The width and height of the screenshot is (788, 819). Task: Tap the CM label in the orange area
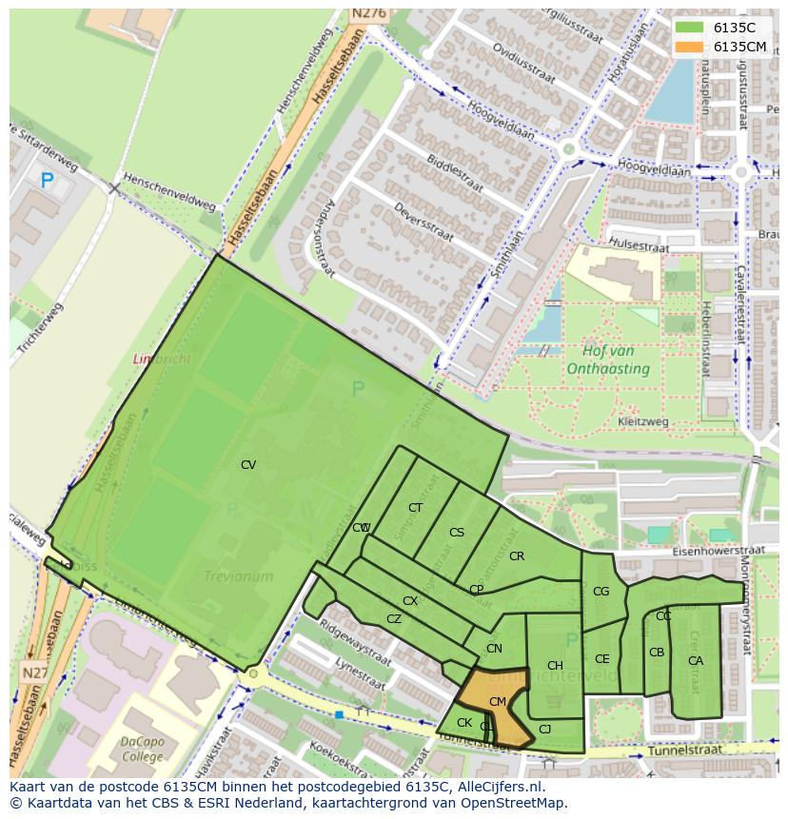pyautogui.click(x=497, y=702)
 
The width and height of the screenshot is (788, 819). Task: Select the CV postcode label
pyautogui.click(x=248, y=465)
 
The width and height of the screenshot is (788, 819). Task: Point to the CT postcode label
pyautogui.click(x=415, y=508)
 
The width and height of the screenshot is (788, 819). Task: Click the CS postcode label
pyautogui.click(x=457, y=533)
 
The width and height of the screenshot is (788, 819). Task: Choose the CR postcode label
pyautogui.click(x=517, y=556)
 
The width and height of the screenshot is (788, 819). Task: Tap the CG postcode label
pyautogui.click(x=601, y=592)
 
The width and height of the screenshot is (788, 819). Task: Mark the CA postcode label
pyautogui.click(x=696, y=661)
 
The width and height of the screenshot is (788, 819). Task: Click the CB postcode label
pyautogui.click(x=657, y=653)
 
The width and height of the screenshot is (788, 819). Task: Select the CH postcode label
pyautogui.click(x=555, y=666)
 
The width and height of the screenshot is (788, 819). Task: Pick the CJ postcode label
pyautogui.click(x=544, y=730)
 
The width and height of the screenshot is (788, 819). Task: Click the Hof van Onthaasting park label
pyautogui.click(x=608, y=361)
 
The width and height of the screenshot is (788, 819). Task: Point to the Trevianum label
pyautogui.click(x=238, y=576)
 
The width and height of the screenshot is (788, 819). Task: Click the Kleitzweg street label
pyautogui.click(x=642, y=421)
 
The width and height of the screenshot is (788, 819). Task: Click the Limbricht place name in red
pyautogui.click(x=161, y=360)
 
